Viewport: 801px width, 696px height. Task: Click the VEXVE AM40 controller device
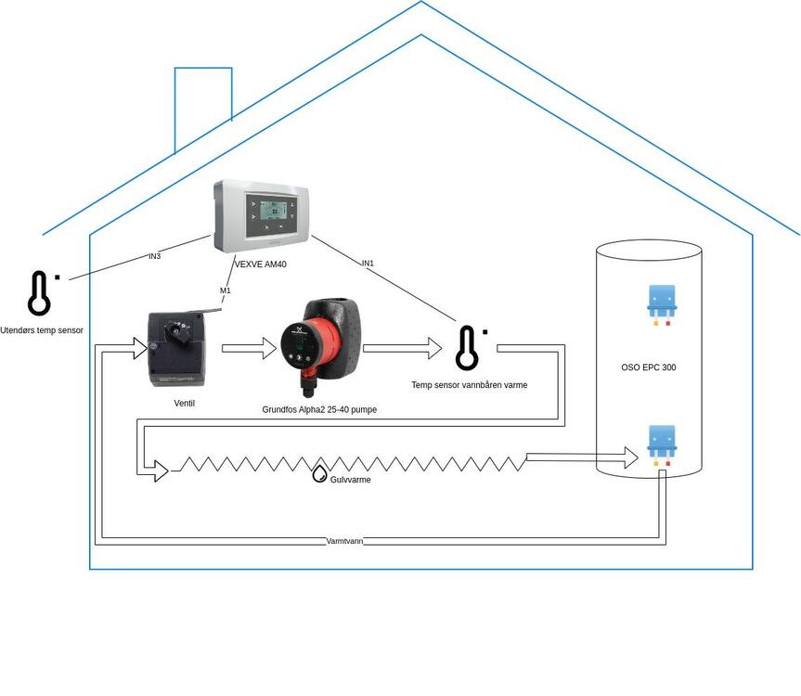[x=261, y=215]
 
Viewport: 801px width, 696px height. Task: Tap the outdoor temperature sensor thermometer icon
[x=39, y=293]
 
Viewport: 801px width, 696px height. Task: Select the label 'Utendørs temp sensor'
[x=42, y=330]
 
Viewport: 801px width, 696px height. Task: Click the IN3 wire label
[x=154, y=256]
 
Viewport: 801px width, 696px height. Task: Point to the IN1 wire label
[x=368, y=264]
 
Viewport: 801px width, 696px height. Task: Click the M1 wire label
[x=225, y=291]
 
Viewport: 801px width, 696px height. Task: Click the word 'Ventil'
[x=185, y=403]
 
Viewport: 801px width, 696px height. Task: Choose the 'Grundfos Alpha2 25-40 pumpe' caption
[x=319, y=409]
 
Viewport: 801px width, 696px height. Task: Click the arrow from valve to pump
[x=250, y=349]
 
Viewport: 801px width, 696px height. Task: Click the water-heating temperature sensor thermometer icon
[x=467, y=348]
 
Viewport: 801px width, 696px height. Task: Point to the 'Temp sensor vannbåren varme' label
[x=470, y=384]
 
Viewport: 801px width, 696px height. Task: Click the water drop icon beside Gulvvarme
[x=319, y=473]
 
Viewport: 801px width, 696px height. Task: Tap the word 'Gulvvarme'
[x=351, y=480]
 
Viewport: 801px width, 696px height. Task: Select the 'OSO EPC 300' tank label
[x=649, y=367]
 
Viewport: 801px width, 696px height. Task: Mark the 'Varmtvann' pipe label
[x=344, y=540]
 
